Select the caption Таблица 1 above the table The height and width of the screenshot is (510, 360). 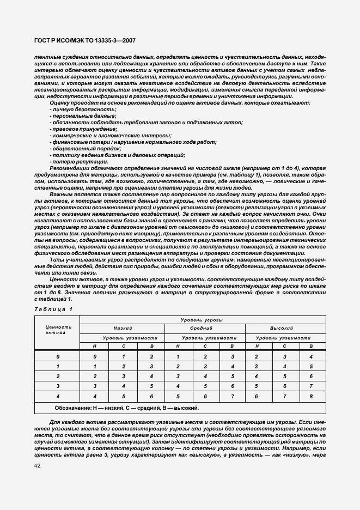(53, 309)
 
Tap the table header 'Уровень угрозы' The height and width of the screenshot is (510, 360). (203, 320)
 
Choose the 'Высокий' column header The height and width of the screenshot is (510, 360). (282, 329)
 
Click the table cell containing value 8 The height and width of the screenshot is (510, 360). (310, 396)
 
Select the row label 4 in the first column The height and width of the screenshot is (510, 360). (58, 396)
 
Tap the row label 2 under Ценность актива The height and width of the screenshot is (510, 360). (58, 376)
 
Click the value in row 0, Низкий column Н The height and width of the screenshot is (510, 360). (95, 356)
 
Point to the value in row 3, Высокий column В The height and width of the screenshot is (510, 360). (310, 386)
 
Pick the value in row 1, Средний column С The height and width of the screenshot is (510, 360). (205, 366)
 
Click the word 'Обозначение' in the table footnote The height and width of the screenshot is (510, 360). (71, 408)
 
